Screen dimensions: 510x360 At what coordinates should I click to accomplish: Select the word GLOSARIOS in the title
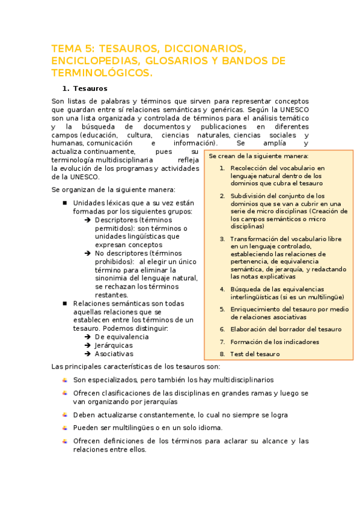point(182,61)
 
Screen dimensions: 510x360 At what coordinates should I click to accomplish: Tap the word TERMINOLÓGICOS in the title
point(102,73)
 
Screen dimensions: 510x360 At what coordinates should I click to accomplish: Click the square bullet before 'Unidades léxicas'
point(64,203)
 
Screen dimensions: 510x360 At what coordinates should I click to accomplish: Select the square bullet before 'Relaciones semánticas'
point(64,304)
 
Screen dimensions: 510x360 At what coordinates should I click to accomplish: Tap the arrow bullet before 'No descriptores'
point(88,254)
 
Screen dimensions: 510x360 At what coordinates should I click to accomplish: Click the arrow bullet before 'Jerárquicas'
point(88,345)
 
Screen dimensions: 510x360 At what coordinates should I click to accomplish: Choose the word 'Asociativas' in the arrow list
point(114,354)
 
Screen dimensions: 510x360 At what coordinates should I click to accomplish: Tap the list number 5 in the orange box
point(222,309)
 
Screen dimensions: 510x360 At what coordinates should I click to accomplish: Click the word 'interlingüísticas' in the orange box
point(256,297)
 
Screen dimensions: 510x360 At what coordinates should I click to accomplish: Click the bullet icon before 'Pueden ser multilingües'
point(64,428)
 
